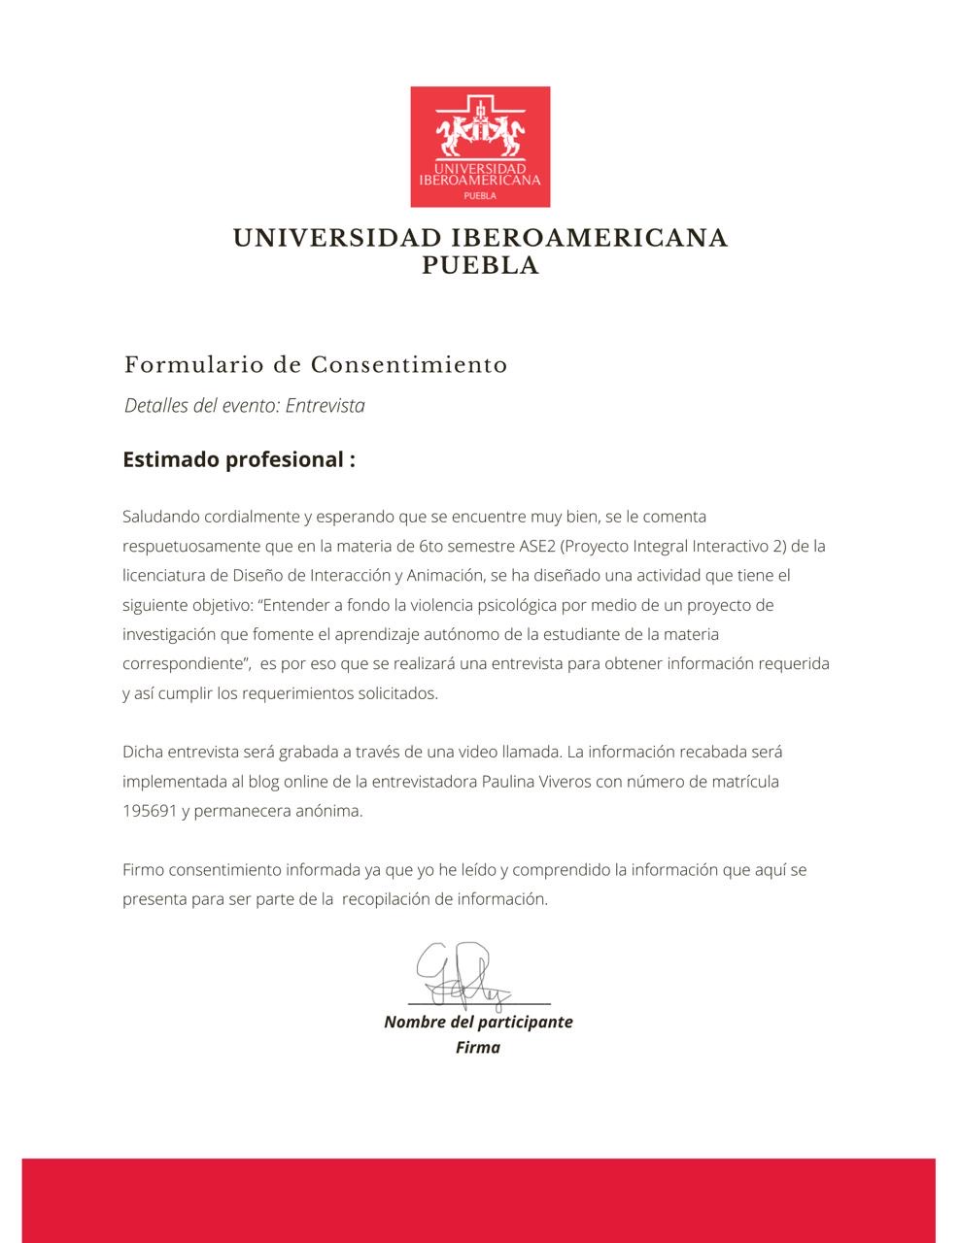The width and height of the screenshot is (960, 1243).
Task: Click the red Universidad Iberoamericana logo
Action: point(480,147)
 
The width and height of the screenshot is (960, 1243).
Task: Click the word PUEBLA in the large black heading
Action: point(480,266)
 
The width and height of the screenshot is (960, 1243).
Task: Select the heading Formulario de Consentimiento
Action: point(316,365)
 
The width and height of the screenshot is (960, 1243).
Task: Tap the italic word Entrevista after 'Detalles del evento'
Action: point(326,406)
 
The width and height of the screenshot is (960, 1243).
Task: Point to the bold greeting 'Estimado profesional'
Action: point(238,459)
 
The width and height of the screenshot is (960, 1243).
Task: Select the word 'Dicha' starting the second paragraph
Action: point(143,752)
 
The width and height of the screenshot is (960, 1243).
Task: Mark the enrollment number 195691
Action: point(149,811)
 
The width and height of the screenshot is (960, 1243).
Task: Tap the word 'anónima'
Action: point(327,811)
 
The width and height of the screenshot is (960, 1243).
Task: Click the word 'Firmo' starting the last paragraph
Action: point(144,869)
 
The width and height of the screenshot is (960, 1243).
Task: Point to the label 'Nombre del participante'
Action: point(478,1022)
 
